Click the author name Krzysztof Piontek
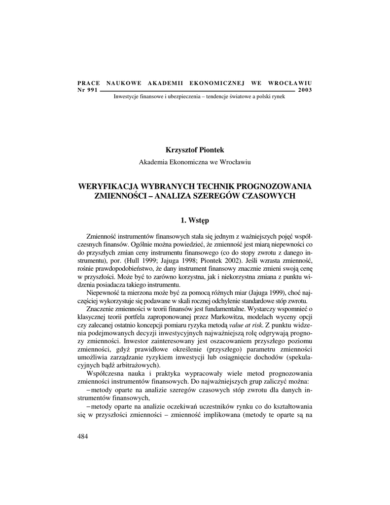195,149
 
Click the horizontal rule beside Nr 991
197,91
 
